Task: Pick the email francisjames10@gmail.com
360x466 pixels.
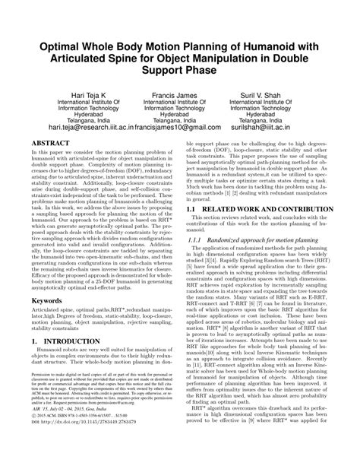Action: (190, 130)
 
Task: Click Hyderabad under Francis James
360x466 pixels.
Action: (181, 111)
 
